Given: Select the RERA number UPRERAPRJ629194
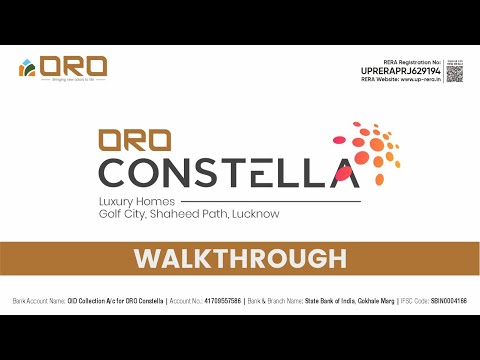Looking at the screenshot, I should click(401, 71).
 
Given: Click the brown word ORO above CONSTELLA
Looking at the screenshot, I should click(132, 141).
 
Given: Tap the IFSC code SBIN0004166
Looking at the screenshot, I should click(446, 300).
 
